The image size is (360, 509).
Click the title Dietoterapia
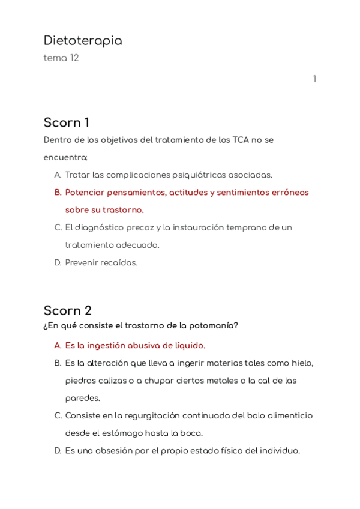tap(83, 41)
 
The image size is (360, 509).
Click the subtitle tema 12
tap(61, 58)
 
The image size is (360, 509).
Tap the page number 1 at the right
tap(314, 79)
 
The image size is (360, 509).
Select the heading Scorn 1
tap(67, 123)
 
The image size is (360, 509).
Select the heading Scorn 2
tap(68, 311)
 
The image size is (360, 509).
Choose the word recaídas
tap(119, 262)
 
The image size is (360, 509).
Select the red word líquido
tap(187, 346)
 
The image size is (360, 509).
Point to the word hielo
tap(301, 363)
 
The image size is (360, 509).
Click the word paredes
tap(83, 398)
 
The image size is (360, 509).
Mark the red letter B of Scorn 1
tap(58, 193)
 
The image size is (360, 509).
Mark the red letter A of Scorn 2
tap(58, 346)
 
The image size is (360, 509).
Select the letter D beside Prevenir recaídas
tap(58, 262)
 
